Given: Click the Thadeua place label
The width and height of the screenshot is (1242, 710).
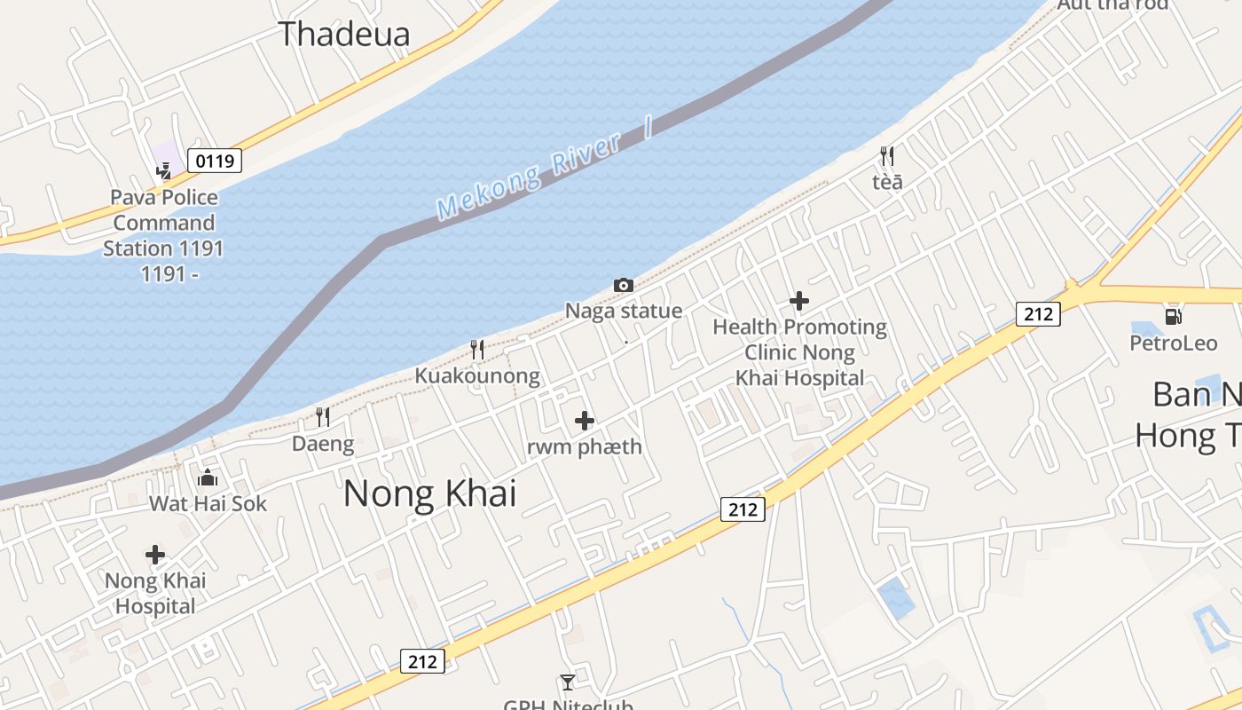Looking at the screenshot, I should pos(344,34).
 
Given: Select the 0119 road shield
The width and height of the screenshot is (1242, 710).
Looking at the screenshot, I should pos(216,161).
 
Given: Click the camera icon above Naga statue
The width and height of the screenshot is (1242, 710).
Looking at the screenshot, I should pos(624,285).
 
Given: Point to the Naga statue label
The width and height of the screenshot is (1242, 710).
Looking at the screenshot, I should pos(624,311).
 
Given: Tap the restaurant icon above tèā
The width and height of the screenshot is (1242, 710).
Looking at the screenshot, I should pos(887,157).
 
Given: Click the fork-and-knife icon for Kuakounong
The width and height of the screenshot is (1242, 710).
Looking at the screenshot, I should pos(477,349).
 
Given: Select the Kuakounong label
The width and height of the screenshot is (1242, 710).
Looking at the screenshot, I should pos(477,375).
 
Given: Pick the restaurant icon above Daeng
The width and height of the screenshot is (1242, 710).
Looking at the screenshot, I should pos(323,417).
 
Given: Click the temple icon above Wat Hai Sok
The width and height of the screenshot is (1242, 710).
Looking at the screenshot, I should pos(208,477).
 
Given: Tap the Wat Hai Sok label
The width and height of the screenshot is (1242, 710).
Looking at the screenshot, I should pos(208,504).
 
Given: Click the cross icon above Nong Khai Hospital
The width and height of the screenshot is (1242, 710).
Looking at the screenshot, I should pos(155,556).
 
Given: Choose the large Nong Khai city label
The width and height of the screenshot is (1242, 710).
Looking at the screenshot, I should pos(429,493).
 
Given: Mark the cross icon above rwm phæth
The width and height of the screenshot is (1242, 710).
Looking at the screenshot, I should pos(585,420).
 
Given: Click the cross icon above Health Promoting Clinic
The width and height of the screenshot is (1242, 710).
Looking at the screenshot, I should pos(799,301).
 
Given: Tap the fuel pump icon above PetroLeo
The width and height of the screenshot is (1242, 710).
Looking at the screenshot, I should pos(1174,316).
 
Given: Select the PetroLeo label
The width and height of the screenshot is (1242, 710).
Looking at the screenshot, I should pos(1174,343).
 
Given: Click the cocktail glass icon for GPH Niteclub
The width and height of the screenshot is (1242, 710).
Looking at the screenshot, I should pos(568,682).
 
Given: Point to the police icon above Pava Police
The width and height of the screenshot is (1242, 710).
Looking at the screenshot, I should pos(164,170).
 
